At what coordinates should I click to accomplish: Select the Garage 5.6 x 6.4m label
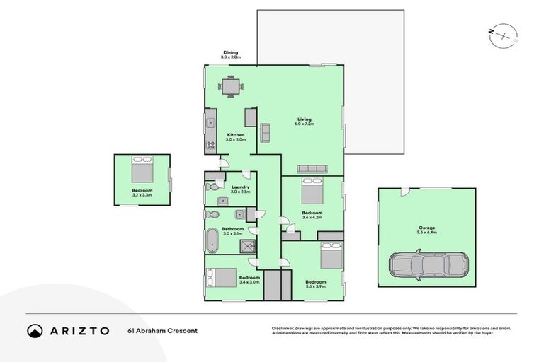tap(426, 230)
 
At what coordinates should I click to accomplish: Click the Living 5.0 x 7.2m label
tap(304, 122)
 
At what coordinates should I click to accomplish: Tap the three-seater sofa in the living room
tap(312, 168)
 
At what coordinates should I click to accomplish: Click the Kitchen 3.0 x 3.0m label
tap(235, 137)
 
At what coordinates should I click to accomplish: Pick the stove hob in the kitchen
tap(210, 146)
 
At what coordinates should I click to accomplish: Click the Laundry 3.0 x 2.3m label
tap(241, 189)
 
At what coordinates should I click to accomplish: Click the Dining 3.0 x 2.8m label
tap(232, 54)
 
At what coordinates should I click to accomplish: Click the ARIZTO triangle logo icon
tap(35, 330)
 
